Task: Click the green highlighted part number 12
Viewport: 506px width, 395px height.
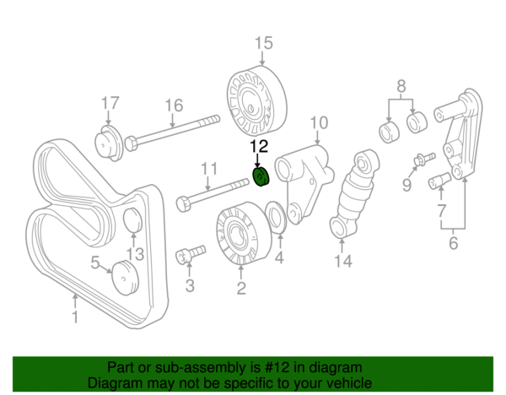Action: tap(261, 176)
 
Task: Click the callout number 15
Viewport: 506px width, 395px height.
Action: tap(264, 41)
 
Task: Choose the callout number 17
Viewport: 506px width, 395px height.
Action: tap(111, 104)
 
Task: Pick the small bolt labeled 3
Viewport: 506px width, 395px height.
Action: tap(191, 252)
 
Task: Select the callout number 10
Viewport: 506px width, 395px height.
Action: tap(318, 125)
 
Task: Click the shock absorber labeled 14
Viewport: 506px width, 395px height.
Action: tap(354, 196)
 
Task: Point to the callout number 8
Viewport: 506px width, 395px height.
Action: tap(401, 85)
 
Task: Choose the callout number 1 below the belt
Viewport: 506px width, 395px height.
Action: tap(75, 317)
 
